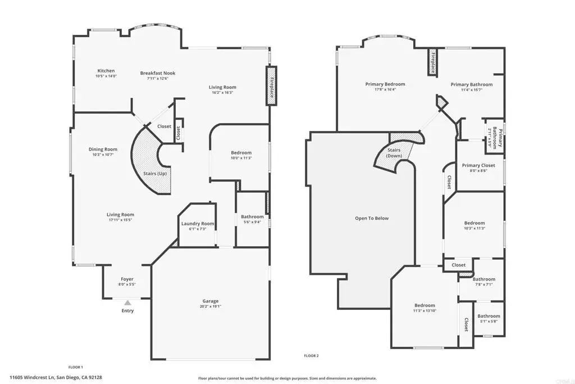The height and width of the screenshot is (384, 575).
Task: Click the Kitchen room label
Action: pyautogui.click(x=106, y=71)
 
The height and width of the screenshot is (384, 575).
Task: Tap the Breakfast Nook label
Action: pyautogui.click(x=158, y=73)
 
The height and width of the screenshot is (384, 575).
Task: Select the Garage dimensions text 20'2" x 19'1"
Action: pyautogui.click(x=211, y=306)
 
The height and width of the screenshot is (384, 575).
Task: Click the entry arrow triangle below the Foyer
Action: pyautogui.click(x=127, y=303)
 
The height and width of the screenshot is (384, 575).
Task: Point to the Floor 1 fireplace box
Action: pyautogui.click(x=271, y=85)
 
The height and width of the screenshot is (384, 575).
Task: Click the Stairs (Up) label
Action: pyautogui.click(x=155, y=173)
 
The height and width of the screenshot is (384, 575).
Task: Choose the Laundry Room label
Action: pyautogui.click(x=198, y=224)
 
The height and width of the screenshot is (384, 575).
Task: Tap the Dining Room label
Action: pyautogui.click(x=103, y=149)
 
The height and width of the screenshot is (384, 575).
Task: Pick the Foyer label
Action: pyautogui.click(x=127, y=279)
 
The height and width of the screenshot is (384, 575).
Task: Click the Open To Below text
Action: pyautogui.click(x=372, y=218)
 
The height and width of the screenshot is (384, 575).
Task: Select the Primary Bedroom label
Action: pyautogui.click(x=385, y=84)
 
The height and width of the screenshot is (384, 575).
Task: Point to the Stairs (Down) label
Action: pyautogui.click(x=394, y=153)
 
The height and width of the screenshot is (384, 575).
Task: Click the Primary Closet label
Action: pyautogui.click(x=478, y=165)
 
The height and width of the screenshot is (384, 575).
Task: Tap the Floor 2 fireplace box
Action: pyautogui.click(x=433, y=62)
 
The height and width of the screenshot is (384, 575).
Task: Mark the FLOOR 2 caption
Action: pyautogui.click(x=311, y=355)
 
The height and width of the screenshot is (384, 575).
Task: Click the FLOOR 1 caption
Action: pyautogui.click(x=76, y=367)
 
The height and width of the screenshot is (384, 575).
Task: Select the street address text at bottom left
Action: pyautogui.click(x=56, y=377)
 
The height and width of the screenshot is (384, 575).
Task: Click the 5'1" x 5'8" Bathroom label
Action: pyautogui.click(x=489, y=316)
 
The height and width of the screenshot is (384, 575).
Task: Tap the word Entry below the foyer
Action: pyautogui.click(x=127, y=310)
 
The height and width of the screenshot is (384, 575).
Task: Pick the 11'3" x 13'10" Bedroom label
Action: pyautogui.click(x=425, y=305)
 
